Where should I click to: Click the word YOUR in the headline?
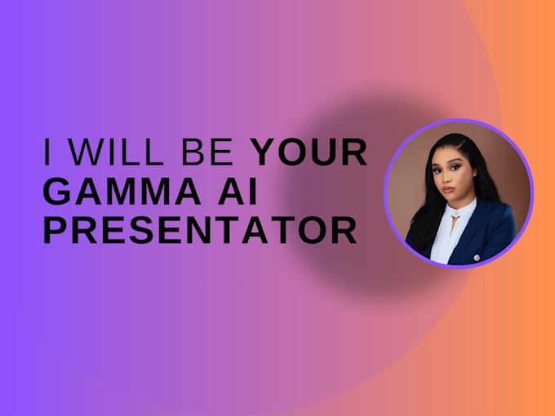pyautogui.click(x=309, y=153)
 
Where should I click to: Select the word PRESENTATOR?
pyautogui.click(x=200, y=231)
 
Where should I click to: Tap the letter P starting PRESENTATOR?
pyautogui.click(x=54, y=231)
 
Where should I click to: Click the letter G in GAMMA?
pyautogui.click(x=55, y=192)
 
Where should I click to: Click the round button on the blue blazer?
pyautogui.click(x=476, y=258)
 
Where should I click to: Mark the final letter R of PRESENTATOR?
pyautogui.click(x=346, y=231)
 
